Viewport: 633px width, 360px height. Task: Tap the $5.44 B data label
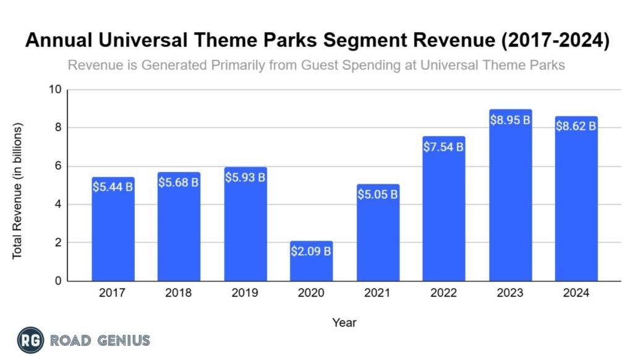point(113,187)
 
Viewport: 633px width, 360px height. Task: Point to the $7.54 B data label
point(443,147)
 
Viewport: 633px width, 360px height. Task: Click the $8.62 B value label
point(576,126)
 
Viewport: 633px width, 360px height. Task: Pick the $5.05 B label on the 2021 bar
point(377,195)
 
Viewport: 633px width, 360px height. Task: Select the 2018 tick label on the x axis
point(179,293)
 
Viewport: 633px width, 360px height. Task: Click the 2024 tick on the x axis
point(576,293)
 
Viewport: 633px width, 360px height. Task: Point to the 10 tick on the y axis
point(55,90)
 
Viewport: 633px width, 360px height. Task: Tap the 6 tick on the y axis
point(57,166)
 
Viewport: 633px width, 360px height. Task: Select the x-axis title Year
point(344,322)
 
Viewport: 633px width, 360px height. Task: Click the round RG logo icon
point(30,340)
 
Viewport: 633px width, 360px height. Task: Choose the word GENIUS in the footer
point(121,340)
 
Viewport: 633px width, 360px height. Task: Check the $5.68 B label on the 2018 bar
point(179,184)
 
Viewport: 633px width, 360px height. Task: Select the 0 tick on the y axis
point(57,281)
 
